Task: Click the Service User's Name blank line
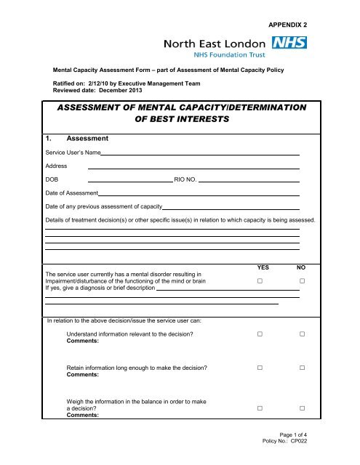[x=200, y=154]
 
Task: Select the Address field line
[x=193, y=167]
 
